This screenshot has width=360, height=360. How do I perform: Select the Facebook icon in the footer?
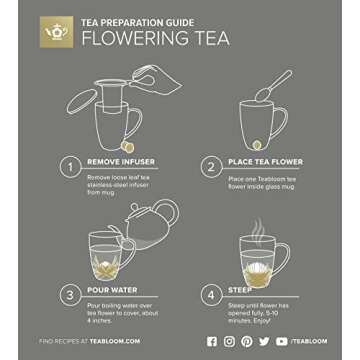(211, 341)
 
